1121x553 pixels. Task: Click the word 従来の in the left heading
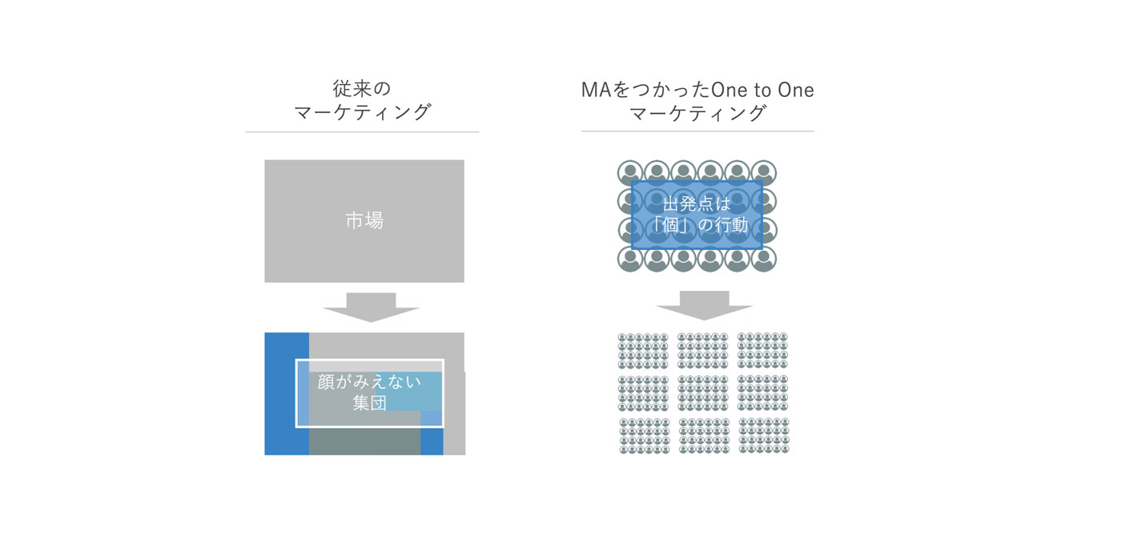coord(362,89)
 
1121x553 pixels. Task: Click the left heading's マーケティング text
coord(362,112)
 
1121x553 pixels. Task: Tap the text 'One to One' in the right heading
coord(762,90)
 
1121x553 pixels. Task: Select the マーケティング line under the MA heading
coord(697,113)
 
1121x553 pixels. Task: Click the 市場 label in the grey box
coord(364,220)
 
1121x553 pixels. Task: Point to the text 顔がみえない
coord(369,382)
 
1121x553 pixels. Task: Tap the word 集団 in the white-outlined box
coord(369,402)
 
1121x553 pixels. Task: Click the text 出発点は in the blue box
coord(697,204)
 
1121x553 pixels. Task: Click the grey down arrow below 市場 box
coord(371,306)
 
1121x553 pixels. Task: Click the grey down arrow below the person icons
coord(704,305)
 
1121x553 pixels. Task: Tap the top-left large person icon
coord(630,172)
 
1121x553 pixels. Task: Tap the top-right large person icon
coord(764,172)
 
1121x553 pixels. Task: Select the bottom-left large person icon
coord(630,260)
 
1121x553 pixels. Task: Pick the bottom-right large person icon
coord(764,260)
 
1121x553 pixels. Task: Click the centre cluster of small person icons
coord(703,394)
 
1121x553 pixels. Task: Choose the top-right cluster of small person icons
coord(762,351)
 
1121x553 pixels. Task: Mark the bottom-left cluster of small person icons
coord(645,436)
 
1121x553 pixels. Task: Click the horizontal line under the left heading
coord(362,131)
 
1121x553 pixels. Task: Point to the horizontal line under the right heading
coord(697,131)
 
